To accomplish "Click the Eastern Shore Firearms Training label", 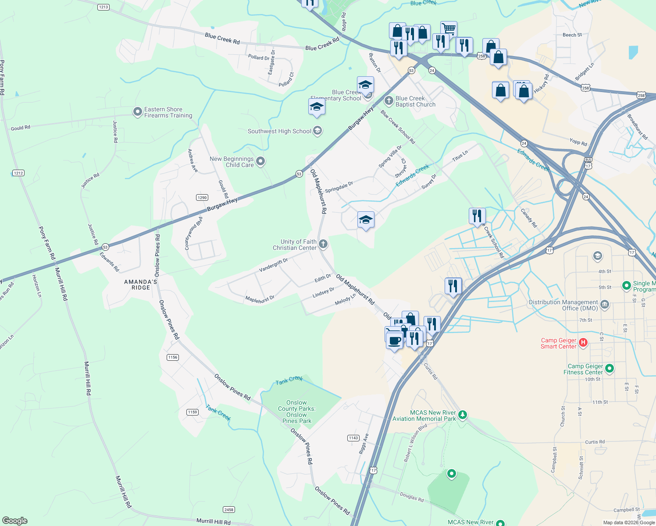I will pos(168,113).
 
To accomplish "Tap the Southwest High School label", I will pos(279,131).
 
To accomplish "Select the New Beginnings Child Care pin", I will pos(260,162).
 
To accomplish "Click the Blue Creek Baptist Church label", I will pos(415,102).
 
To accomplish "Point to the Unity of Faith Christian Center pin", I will pos(323,244).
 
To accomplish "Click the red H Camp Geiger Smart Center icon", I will pos(583,343).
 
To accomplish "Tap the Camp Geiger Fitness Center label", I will pos(585,369).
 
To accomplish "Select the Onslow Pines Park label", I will pos(297,412).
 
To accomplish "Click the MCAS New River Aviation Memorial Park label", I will pos(424,416).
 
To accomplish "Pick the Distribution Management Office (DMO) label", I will pos(563,305).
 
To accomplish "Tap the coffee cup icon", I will pos(395,340).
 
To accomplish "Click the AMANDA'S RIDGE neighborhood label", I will pos(141,284).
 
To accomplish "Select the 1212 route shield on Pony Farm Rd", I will pos(18,173).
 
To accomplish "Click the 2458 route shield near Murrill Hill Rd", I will pos(228,509).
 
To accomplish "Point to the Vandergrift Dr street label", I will pos(273,265).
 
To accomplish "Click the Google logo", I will pos(15,520).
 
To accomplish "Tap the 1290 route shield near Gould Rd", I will pos(202,198).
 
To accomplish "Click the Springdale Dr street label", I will pos(339,187).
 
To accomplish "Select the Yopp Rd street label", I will pos(578,142).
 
